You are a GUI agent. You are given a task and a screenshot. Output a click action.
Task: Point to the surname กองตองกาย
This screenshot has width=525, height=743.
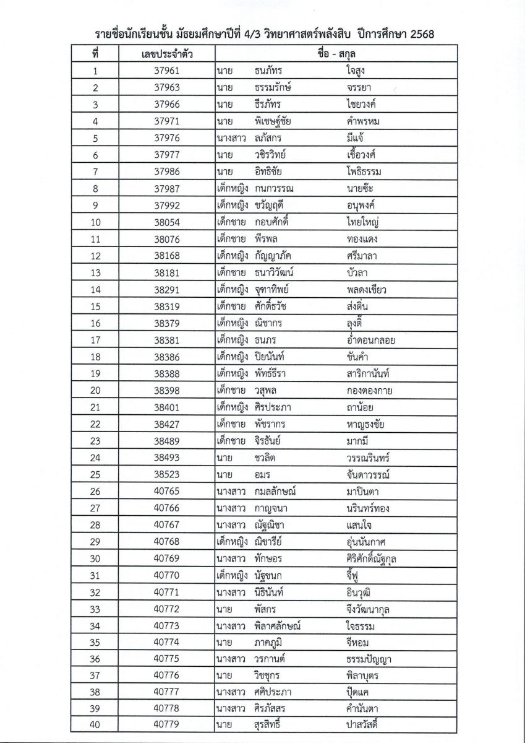(x=370, y=390)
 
